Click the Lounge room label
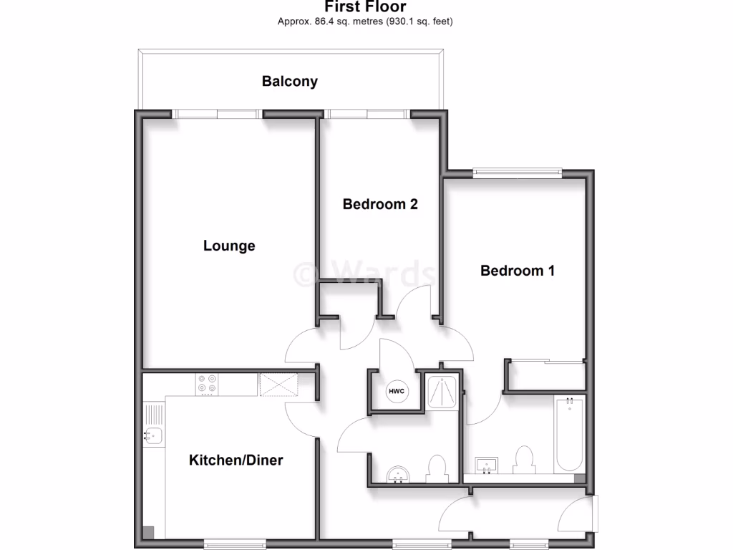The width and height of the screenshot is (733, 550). click(x=229, y=246)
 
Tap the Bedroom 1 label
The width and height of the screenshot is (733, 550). click(x=517, y=271)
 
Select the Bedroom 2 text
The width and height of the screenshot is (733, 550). click(x=380, y=204)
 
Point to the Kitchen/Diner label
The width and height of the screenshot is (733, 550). click(x=236, y=460)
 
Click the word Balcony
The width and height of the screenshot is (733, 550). click(x=289, y=81)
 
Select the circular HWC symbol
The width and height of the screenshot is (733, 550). click(x=396, y=391)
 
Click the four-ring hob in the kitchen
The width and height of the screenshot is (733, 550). click(x=208, y=385)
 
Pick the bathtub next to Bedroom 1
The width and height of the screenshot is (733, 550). click(x=570, y=435)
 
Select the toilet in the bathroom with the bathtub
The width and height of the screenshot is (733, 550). click(x=524, y=460)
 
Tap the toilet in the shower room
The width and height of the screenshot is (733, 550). click(x=436, y=468)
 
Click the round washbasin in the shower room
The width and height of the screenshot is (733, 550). click(x=397, y=474)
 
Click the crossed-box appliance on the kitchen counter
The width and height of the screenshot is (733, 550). click(x=278, y=385)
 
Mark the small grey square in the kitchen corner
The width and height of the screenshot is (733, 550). click(x=148, y=532)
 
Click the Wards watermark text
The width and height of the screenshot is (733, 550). click(x=365, y=273)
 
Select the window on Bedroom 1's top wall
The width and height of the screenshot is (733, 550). click(x=517, y=172)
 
